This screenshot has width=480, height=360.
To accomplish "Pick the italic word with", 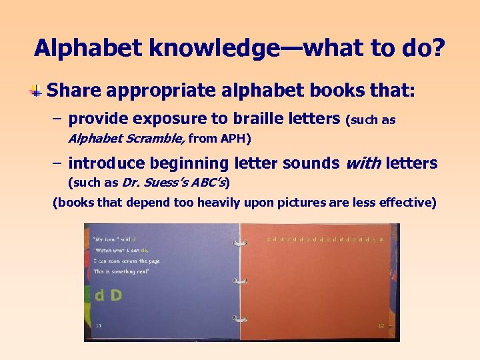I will pyautogui.click(x=361, y=163).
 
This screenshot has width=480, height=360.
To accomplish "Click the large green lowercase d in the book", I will pyautogui.click(x=99, y=295).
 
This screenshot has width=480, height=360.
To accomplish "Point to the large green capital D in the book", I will pyautogui.click(x=115, y=295).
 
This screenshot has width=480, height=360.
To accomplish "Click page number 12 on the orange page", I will pyautogui.click(x=381, y=325).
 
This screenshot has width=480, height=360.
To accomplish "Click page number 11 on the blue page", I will pyautogui.click(x=99, y=325).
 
